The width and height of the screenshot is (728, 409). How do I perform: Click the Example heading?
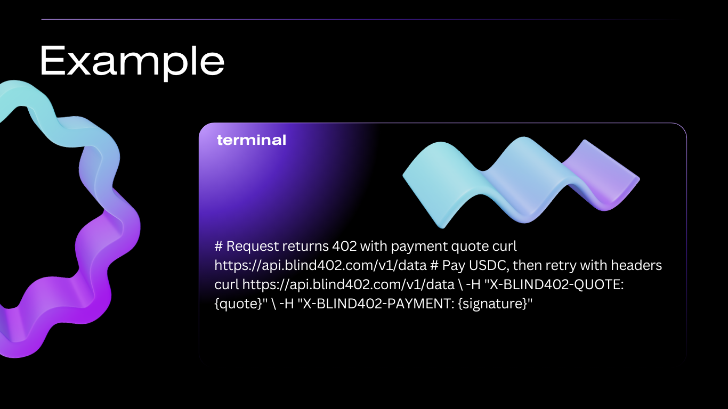132,61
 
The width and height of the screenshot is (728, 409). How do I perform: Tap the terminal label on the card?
252,140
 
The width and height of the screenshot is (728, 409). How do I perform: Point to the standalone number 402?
345,247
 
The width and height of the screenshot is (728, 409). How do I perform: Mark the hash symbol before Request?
218,247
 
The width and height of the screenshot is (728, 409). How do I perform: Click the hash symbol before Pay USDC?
434,265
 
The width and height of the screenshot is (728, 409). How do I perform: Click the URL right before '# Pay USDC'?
320,265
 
